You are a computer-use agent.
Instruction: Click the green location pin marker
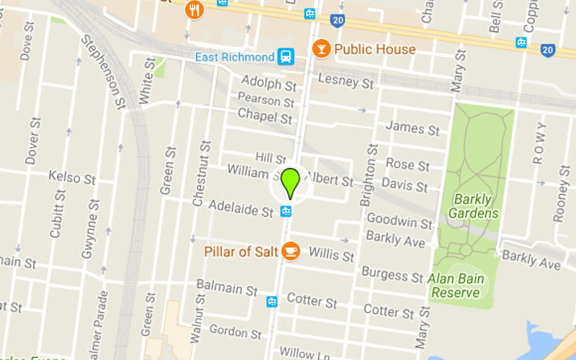290,182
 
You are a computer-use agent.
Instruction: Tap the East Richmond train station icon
287,56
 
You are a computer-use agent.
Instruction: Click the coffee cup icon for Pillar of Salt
290,251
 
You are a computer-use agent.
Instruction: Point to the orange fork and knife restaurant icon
194,9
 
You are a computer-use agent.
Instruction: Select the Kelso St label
72,176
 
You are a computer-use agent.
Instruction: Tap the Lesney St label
346,81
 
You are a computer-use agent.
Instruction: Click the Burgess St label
392,274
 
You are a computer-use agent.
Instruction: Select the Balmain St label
227,289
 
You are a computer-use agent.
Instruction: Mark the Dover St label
31,142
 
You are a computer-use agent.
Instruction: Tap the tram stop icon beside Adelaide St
287,211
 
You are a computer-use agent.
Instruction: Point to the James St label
413,128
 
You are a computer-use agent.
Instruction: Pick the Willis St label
331,253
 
